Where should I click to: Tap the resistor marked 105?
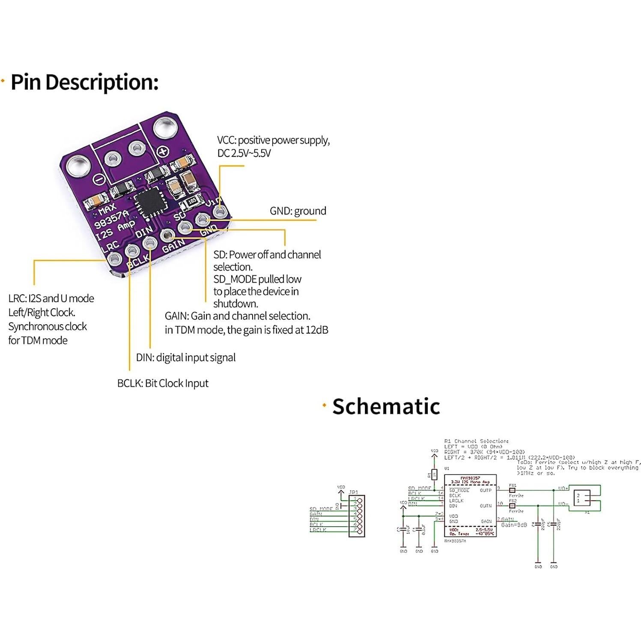191,200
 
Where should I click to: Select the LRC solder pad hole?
115,258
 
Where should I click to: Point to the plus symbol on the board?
163,152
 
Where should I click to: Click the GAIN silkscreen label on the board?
173,247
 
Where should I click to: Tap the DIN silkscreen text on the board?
144,232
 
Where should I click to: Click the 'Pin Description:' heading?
84,82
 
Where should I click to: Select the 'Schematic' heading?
386,406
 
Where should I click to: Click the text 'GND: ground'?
298,211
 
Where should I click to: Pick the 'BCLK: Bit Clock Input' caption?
163,383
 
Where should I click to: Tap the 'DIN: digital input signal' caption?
185,358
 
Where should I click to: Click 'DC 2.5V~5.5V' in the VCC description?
244,153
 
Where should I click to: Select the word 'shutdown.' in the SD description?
236,304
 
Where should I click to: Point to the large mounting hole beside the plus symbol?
165,128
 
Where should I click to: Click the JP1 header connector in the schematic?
356,516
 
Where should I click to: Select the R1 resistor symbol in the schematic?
434,474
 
